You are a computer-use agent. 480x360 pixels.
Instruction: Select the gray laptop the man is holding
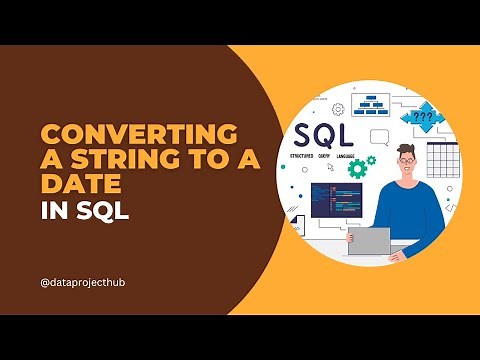tap(369, 241)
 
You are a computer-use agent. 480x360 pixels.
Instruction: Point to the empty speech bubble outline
tap(379, 136)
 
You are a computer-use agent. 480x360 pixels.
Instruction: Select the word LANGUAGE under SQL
tap(350, 156)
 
